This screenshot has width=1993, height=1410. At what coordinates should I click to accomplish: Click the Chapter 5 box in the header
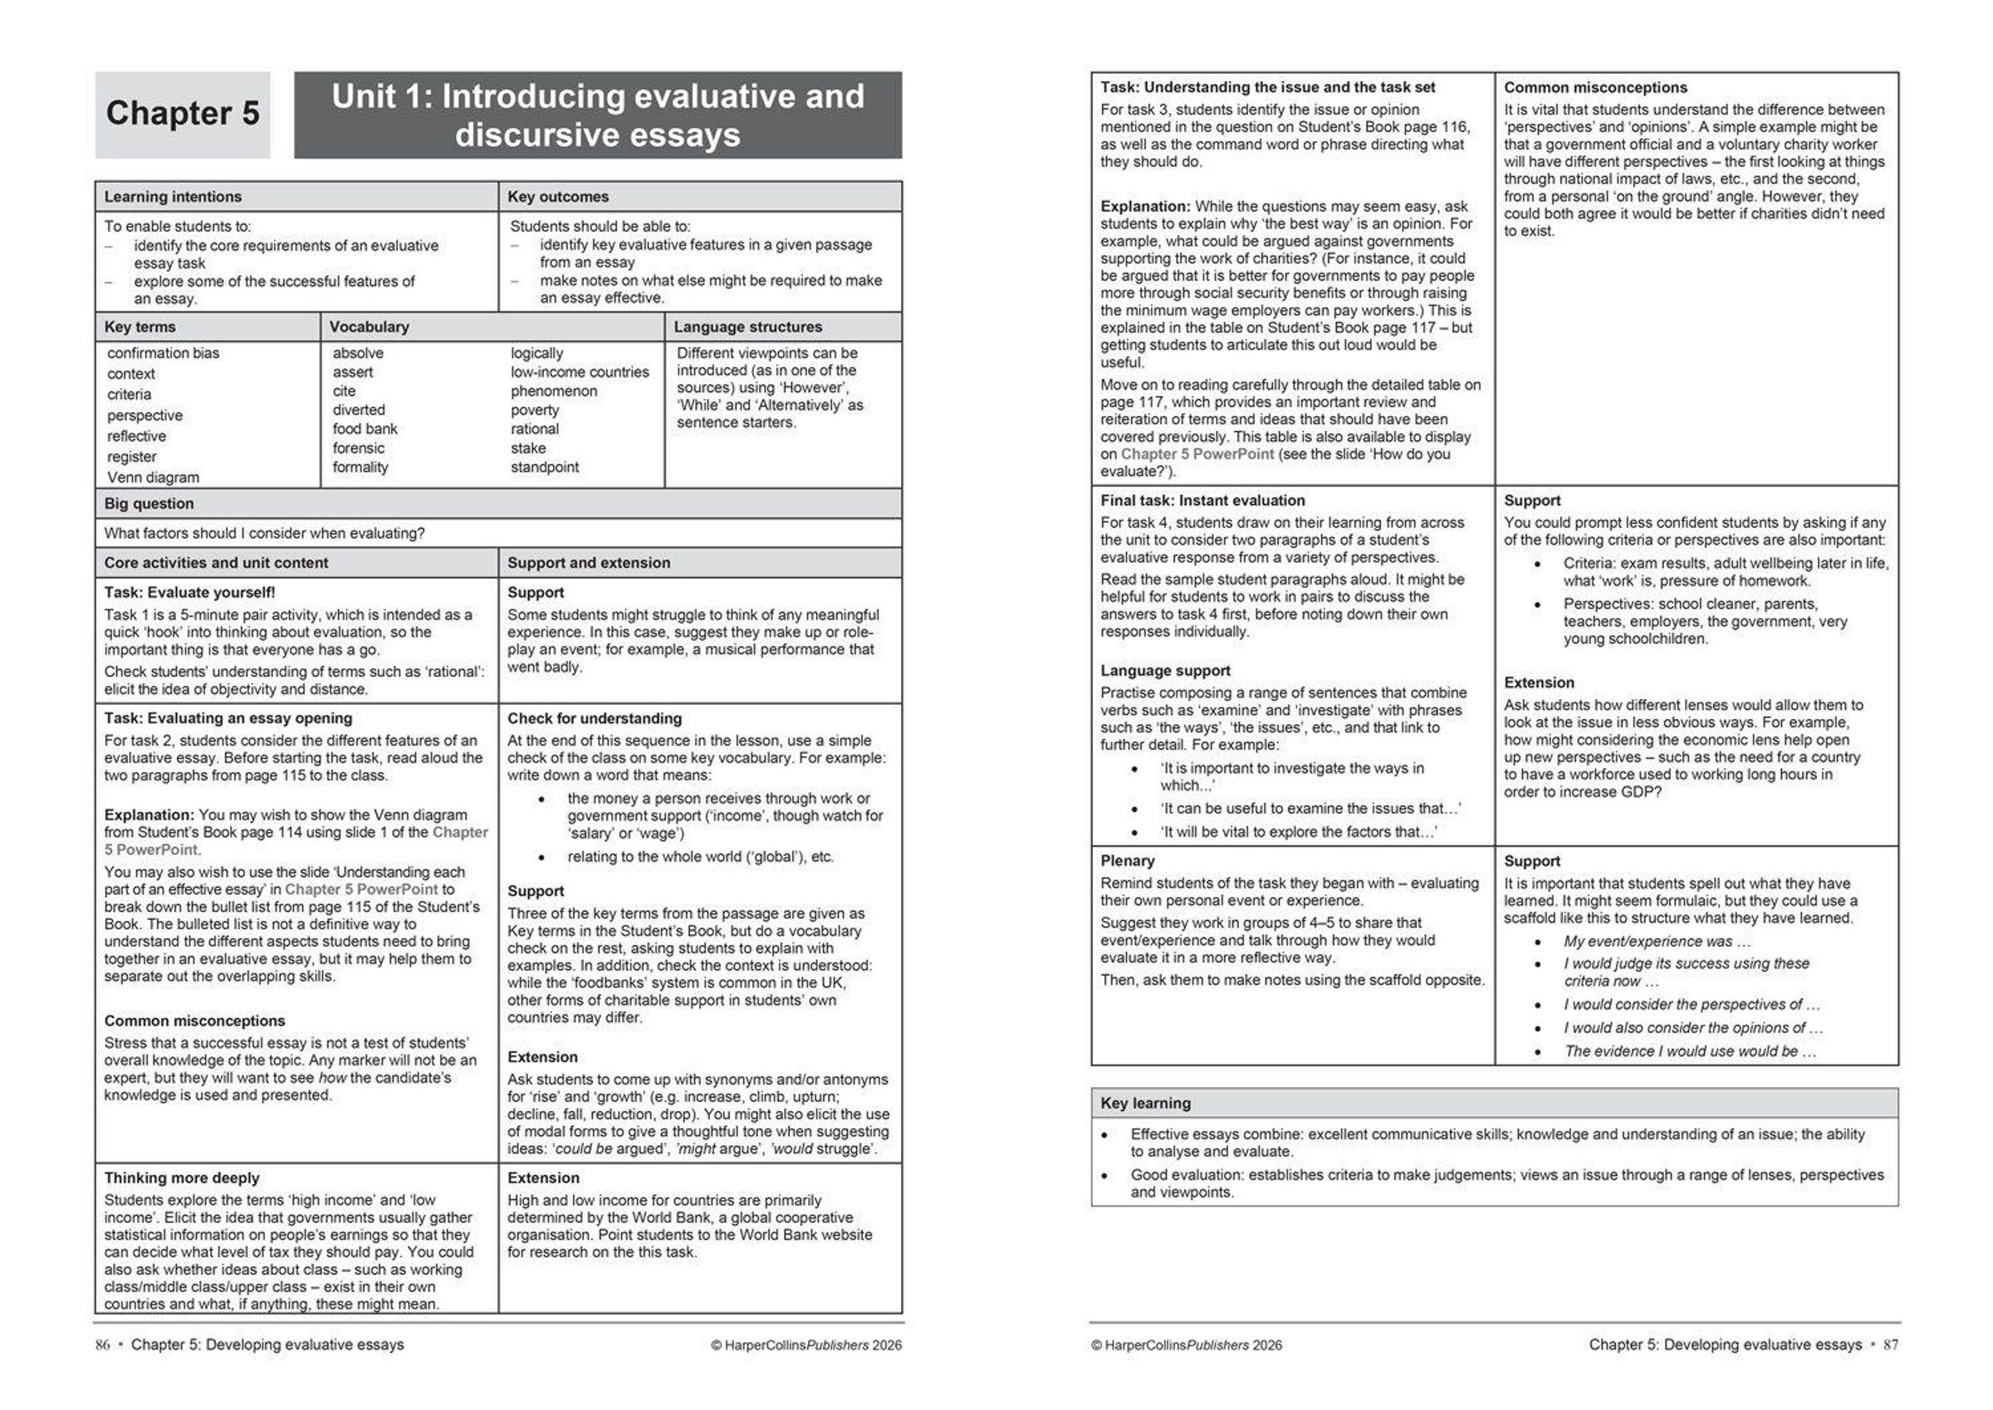[183, 115]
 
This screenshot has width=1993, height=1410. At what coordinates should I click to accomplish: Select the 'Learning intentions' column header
[173, 197]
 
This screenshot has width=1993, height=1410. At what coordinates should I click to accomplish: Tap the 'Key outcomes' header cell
[558, 197]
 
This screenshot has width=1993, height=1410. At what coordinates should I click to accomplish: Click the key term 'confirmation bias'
[164, 354]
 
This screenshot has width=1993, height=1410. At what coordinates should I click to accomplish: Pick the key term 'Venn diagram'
[153, 477]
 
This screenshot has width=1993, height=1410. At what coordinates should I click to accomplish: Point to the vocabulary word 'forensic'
[359, 448]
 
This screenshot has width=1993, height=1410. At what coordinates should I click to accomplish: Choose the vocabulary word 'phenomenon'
[554, 392]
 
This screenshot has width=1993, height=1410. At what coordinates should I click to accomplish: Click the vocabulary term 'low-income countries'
[579, 373]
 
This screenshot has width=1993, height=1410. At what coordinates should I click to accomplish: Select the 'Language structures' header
[747, 327]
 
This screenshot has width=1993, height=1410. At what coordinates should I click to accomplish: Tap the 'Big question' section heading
[149, 503]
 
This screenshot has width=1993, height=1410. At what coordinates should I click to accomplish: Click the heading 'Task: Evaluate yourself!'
[189, 593]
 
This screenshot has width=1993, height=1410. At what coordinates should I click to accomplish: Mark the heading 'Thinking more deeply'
[181, 1178]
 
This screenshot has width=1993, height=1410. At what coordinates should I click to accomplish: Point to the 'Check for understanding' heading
[595, 719]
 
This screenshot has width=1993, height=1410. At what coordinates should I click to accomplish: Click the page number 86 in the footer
[102, 1345]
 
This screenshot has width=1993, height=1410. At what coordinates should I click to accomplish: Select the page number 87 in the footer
[1891, 1345]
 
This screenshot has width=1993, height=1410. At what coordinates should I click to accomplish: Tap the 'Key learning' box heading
[1145, 1104]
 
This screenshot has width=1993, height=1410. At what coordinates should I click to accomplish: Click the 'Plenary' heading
[1127, 861]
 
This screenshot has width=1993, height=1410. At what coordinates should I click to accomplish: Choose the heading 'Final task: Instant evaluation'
[1202, 501]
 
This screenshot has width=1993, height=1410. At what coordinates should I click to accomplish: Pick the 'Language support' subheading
[1165, 671]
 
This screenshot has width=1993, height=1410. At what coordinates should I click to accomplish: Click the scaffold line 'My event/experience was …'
[1656, 942]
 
